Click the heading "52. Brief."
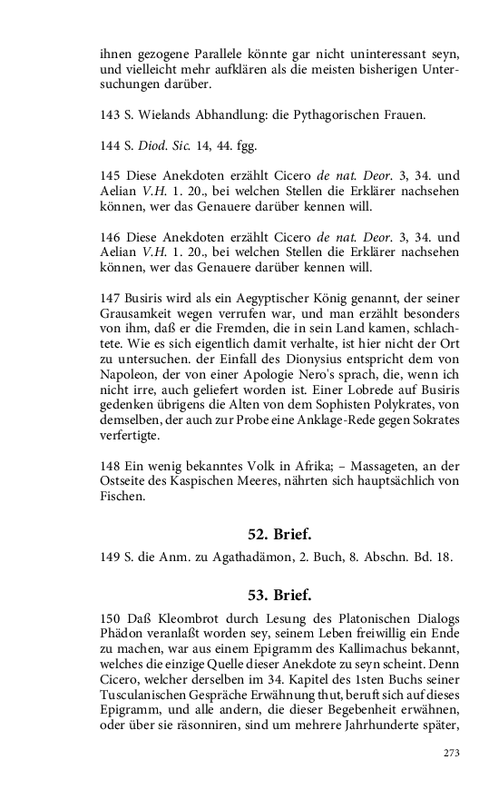(x=279, y=534)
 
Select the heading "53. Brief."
(x=279, y=596)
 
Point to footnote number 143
(x=110, y=115)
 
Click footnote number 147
(x=110, y=298)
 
